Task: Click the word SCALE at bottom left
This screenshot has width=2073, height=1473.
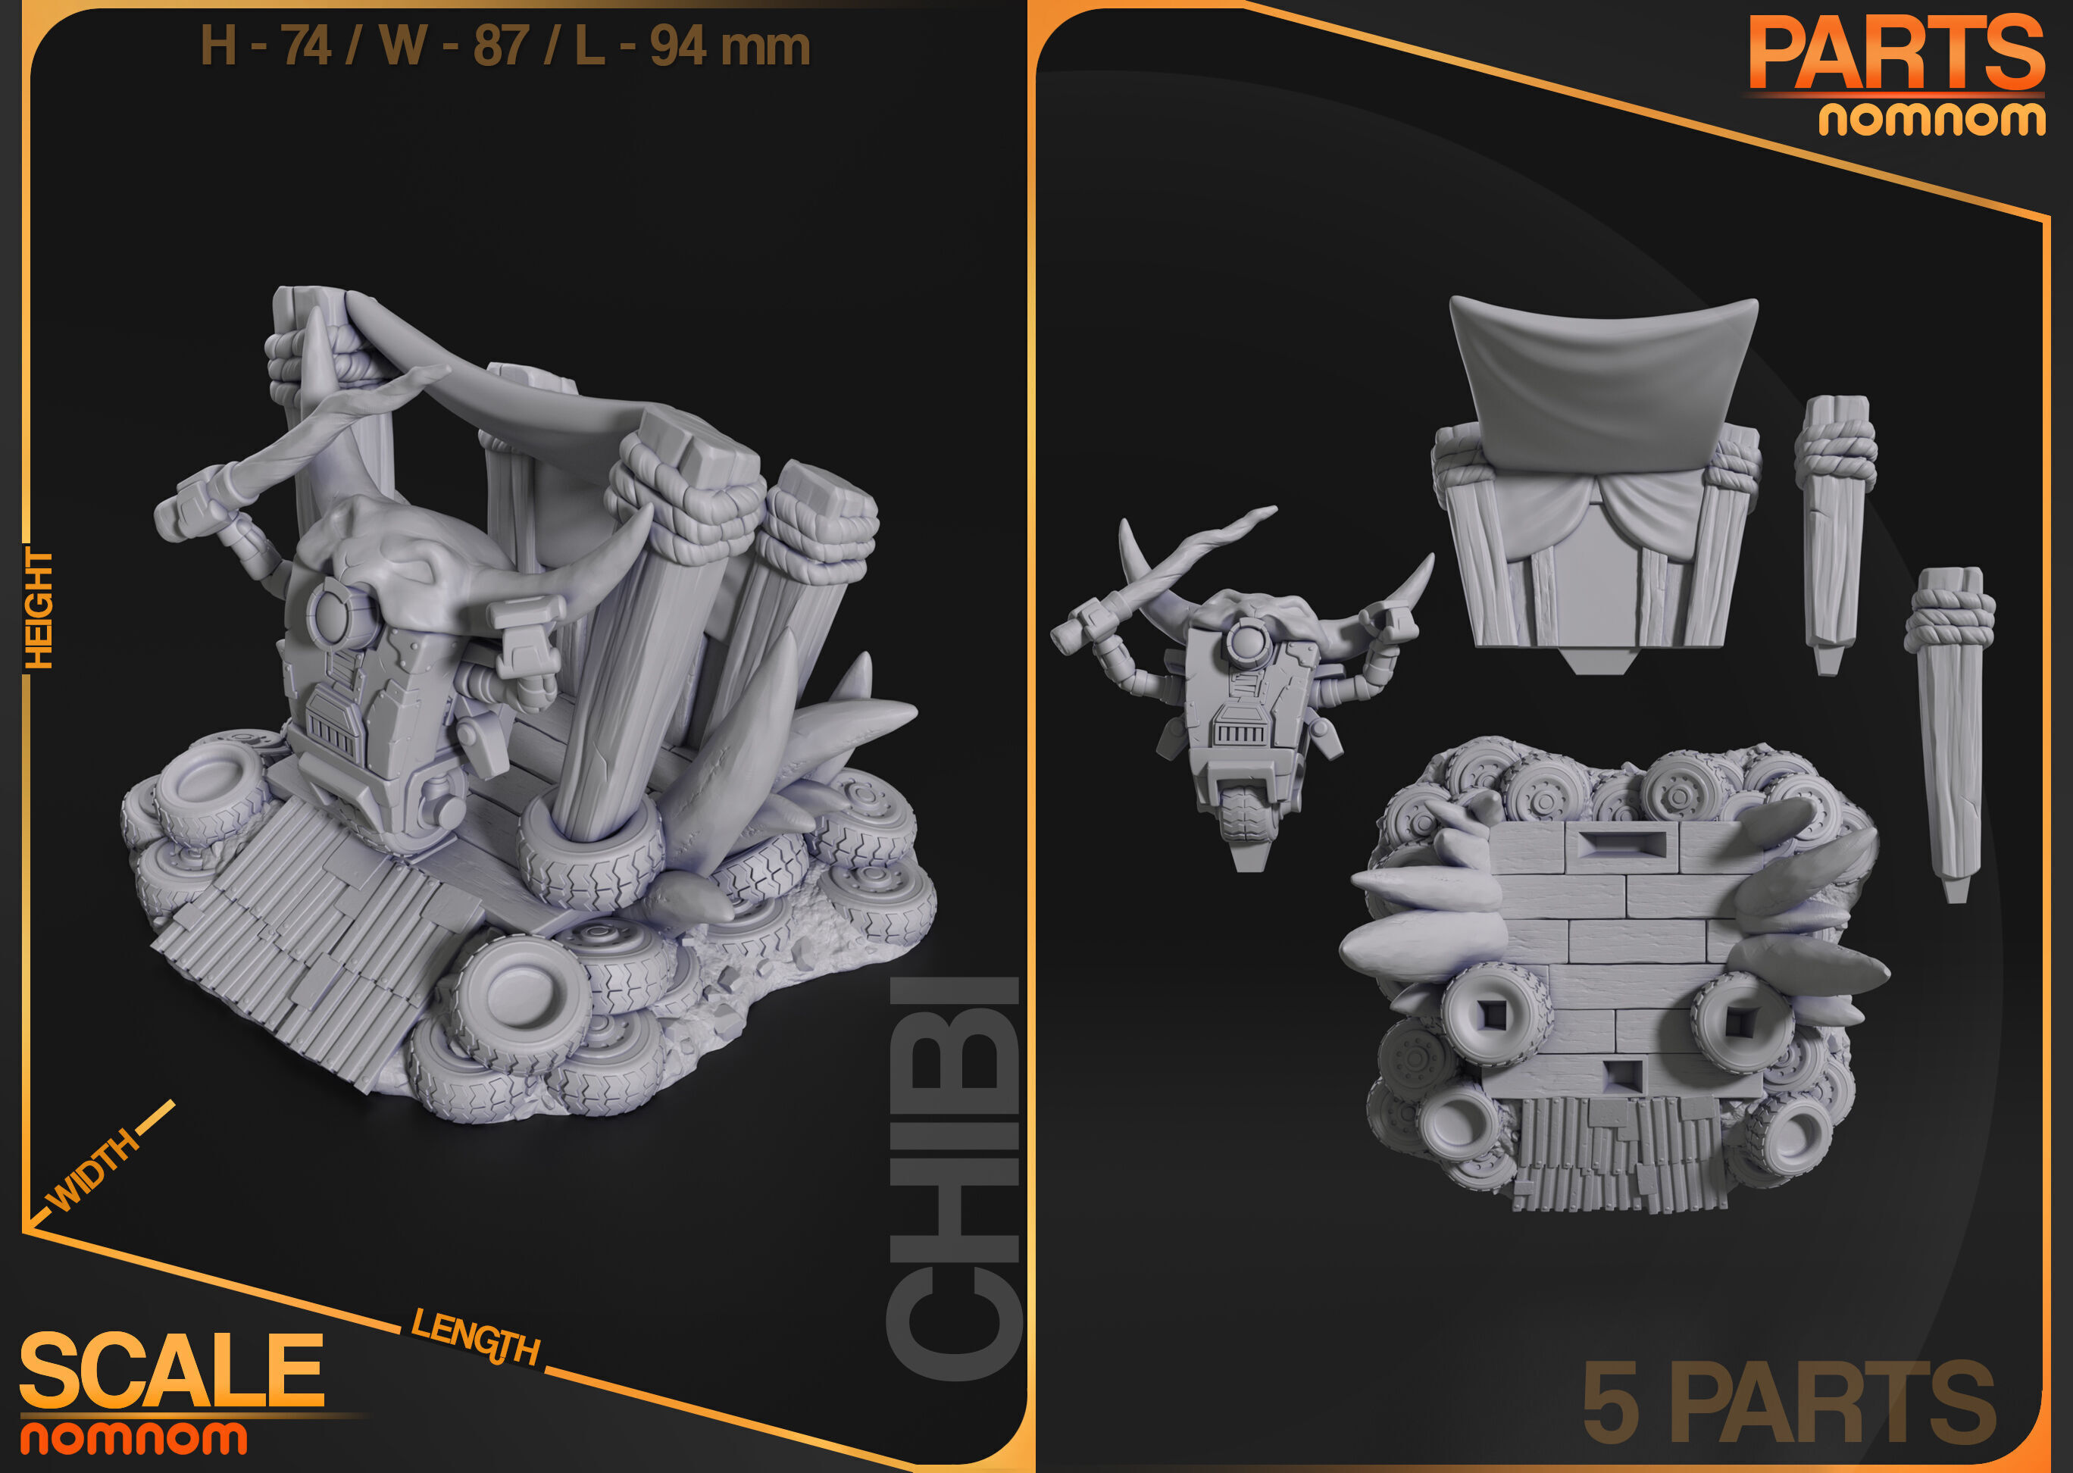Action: click(x=172, y=1370)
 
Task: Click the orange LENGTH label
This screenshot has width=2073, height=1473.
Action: click(x=475, y=1338)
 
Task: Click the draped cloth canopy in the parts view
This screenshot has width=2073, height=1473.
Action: click(x=1600, y=381)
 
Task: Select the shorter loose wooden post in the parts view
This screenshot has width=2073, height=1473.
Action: click(x=1834, y=535)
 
